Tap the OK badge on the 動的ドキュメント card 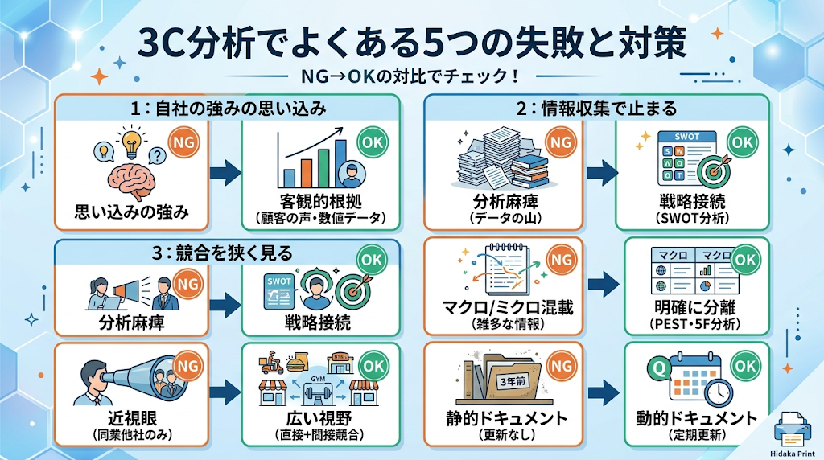pyautogui.click(x=745, y=366)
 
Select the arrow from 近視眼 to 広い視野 pyautogui.click(x=225, y=392)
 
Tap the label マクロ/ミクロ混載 pyautogui.click(x=508, y=308)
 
